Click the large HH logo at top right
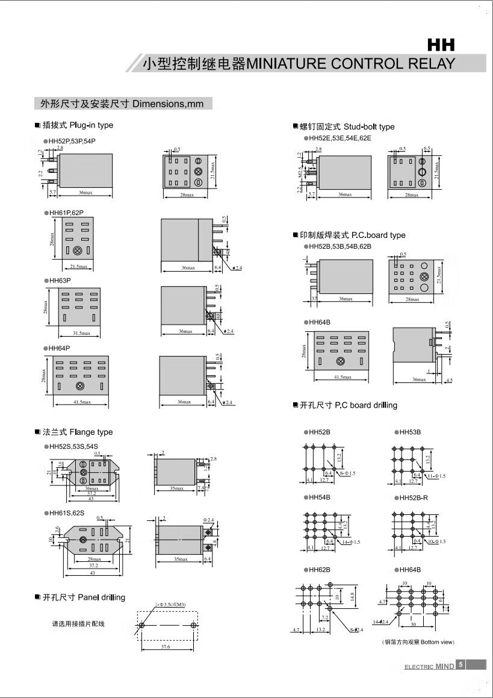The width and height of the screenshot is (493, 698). pos(441,45)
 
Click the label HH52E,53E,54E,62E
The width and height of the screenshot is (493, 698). pos(341,138)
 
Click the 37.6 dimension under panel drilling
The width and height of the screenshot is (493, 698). pos(166,647)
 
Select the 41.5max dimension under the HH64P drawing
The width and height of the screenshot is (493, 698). pos(82,402)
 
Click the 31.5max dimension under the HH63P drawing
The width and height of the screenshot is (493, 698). pos(81,333)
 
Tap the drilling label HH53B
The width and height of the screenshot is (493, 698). pos(410,432)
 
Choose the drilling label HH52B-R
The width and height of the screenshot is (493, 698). pos(414,497)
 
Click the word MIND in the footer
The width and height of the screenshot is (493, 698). pos(444,667)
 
